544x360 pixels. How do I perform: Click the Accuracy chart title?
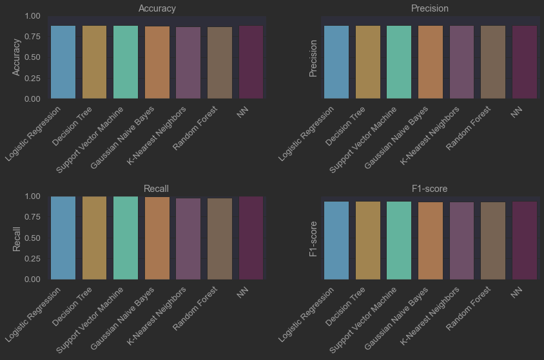click(157, 8)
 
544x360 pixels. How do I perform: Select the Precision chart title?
click(430, 8)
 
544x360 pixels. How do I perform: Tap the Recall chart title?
click(157, 189)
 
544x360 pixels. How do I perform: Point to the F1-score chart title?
click(430, 189)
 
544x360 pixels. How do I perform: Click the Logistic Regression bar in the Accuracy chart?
click(63, 62)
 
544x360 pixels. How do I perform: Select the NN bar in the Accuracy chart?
click(251, 62)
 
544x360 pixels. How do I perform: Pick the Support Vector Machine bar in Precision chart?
click(399, 62)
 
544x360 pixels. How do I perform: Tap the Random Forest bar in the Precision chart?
click(493, 62)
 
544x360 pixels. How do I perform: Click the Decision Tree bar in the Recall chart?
click(95, 238)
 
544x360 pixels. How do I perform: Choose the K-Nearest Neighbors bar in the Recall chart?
click(189, 239)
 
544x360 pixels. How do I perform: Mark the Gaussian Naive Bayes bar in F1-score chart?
click(431, 241)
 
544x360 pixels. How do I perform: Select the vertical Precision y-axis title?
click(314, 58)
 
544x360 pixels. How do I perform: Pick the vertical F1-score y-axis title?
click(314, 238)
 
